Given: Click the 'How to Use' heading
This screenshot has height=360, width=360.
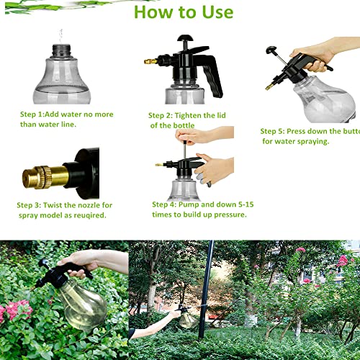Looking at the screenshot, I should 183,12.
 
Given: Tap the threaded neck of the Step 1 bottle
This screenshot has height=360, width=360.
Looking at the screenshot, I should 61,51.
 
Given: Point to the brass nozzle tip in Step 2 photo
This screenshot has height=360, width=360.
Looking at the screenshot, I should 149,62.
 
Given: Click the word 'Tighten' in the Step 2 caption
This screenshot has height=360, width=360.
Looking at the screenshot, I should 199,115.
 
